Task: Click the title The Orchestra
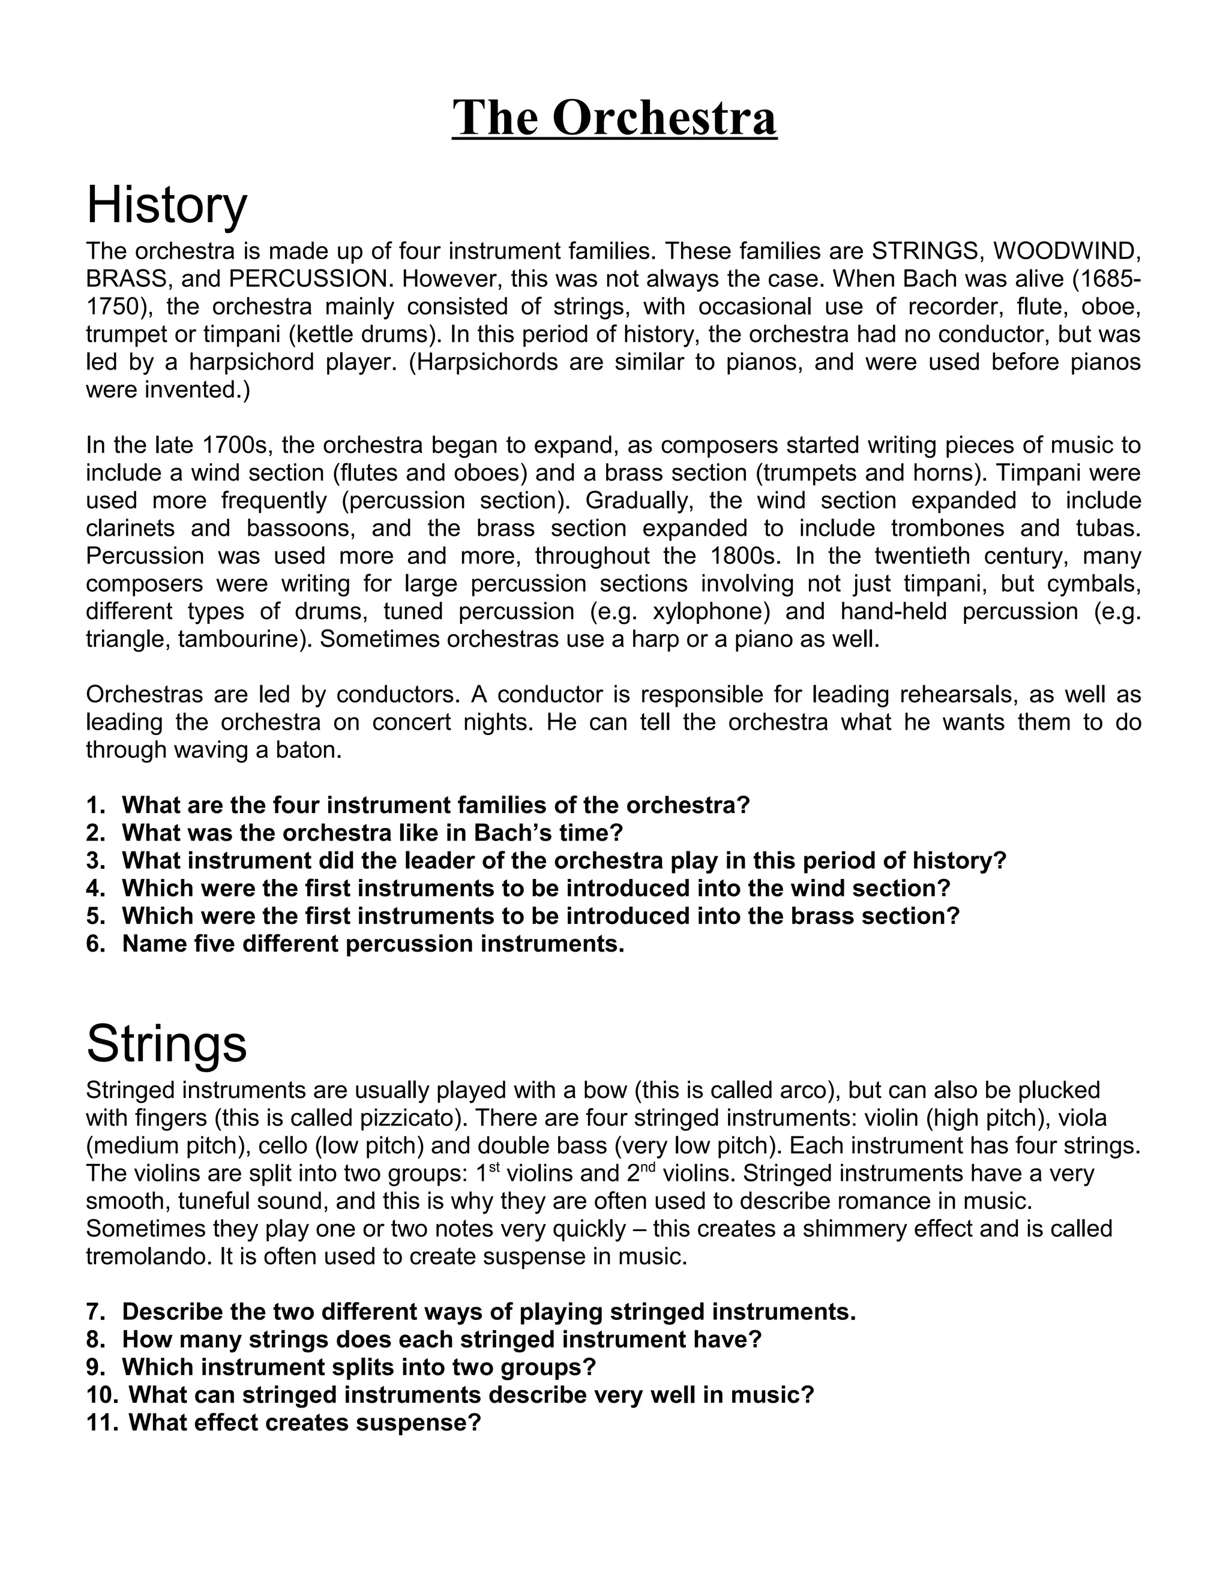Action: [x=614, y=118]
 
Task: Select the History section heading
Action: [x=167, y=205]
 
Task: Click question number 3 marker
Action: [x=96, y=860]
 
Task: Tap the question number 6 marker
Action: [x=96, y=944]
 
